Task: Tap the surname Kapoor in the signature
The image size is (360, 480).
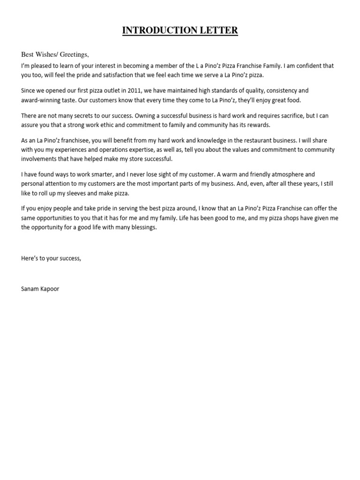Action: (51, 289)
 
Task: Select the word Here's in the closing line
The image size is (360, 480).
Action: (30, 258)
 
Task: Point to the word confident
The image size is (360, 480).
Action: (309, 66)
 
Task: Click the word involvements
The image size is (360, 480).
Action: (41, 158)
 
